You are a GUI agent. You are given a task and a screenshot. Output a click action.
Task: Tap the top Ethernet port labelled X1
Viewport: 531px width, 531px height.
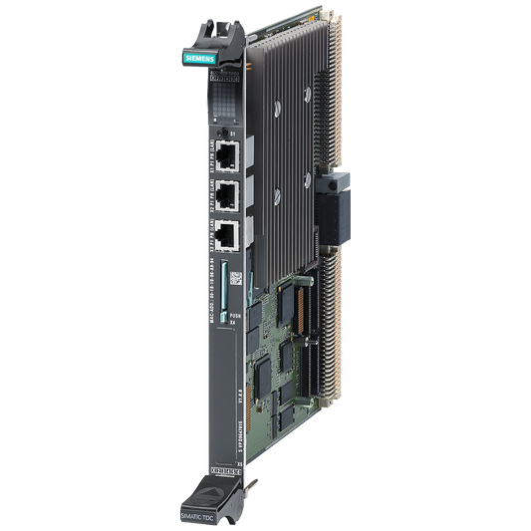[x=226, y=153]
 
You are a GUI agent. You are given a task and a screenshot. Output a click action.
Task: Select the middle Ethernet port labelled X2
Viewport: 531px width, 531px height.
[x=226, y=193]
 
